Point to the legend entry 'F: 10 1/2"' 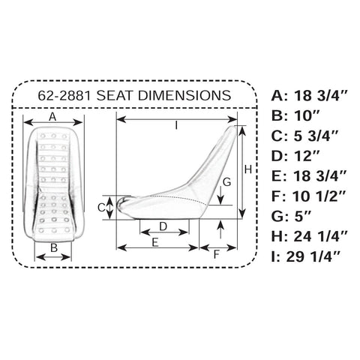point(310,196)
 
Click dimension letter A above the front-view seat point(52,117)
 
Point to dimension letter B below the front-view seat point(54,247)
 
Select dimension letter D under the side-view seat point(163,226)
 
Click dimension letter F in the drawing point(217,253)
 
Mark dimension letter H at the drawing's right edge point(247,170)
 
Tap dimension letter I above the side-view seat point(177,126)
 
